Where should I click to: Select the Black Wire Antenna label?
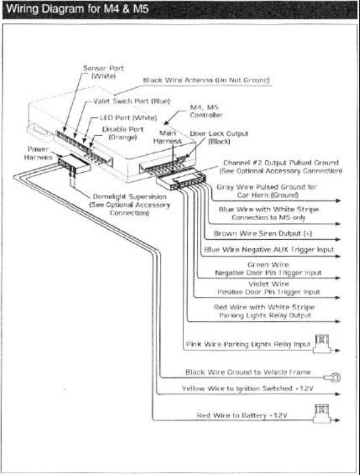(207, 80)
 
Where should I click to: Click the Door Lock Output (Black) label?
(219, 137)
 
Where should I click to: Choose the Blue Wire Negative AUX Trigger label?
(269, 250)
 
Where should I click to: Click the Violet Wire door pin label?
(268, 288)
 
